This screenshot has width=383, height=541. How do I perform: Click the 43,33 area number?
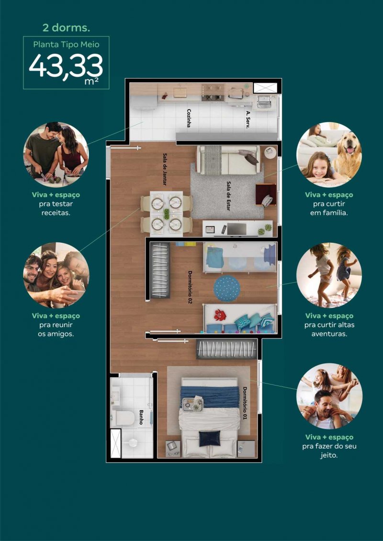coord(66,66)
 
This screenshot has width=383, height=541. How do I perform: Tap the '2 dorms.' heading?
coord(66,28)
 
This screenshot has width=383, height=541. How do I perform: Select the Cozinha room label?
coord(189,118)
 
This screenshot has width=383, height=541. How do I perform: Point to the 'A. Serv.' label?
coord(248,120)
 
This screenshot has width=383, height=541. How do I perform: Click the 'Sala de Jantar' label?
coord(165,169)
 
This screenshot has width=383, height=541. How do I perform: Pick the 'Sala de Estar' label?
coord(228,196)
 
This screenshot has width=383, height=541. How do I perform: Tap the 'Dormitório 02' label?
coord(190,287)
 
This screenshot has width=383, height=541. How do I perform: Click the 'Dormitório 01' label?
coord(245,403)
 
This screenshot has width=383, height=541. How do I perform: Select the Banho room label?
coord(141,417)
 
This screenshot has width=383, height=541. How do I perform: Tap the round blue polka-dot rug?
coord(227,288)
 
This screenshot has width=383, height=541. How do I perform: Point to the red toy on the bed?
coord(219,315)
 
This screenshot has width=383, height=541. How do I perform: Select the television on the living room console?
coord(237,229)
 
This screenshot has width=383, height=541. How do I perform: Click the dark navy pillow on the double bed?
coord(209,438)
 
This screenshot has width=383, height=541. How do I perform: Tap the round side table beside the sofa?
coord(270,153)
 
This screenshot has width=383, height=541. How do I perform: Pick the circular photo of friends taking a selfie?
coord(56,275)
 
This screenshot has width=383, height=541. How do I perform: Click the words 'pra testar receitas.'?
coord(56,208)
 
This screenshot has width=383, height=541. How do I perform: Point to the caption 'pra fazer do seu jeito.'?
coord(329,451)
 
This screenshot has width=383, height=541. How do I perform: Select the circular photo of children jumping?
coord(329,275)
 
